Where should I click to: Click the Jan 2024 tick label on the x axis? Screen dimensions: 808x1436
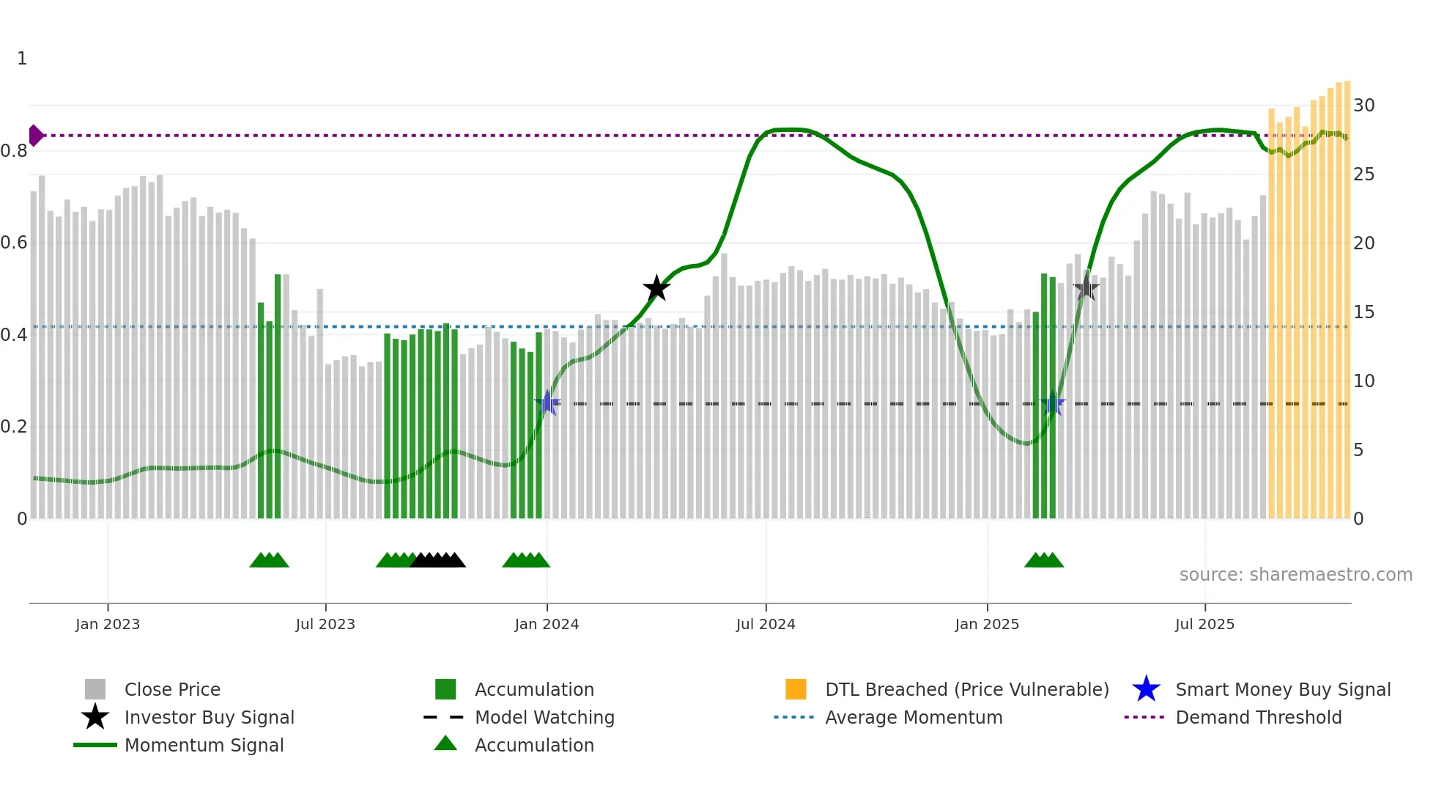click(x=547, y=625)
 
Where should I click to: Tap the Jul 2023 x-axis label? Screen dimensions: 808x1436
click(x=325, y=625)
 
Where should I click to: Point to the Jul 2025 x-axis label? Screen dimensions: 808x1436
click(x=1204, y=625)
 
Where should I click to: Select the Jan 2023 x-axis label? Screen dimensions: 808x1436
click(x=108, y=625)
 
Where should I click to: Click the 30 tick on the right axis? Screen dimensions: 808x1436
click(x=1363, y=106)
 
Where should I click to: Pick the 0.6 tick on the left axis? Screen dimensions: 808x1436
click(x=14, y=243)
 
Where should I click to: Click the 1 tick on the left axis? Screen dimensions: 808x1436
click(x=22, y=59)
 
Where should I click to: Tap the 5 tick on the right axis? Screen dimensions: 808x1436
click(x=1358, y=450)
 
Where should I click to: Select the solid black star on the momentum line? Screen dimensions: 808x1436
click(x=656, y=288)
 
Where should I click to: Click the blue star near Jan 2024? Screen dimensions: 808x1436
click(x=547, y=403)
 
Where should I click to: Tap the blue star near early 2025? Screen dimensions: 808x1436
click(x=1052, y=403)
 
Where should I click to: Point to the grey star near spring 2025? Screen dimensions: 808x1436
click(x=1086, y=288)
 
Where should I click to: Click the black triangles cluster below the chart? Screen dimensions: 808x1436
click(x=437, y=560)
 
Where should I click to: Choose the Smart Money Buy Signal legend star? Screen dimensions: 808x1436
click(x=1146, y=689)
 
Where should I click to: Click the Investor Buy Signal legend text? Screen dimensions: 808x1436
click(x=209, y=717)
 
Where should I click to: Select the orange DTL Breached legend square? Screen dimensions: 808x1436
click(x=796, y=689)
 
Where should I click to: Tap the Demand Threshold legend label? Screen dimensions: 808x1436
click(x=1258, y=717)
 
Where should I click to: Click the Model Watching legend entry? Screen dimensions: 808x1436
click(x=544, y=717)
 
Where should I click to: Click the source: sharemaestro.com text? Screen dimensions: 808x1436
click(x=1295, y=575)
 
